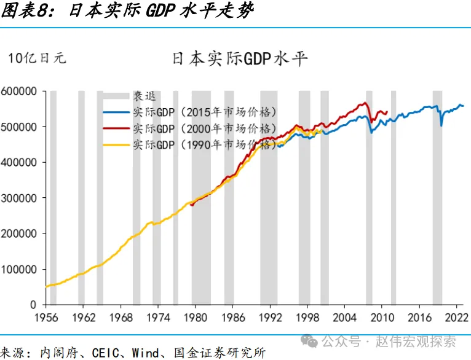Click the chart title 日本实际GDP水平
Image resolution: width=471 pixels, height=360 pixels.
[240, 58]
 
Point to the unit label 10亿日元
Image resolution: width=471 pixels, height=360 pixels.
[36, 58]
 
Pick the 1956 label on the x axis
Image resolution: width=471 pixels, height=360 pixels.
[46, 318]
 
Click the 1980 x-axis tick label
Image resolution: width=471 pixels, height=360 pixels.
[196, 318]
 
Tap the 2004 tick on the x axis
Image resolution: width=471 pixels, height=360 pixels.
[344, 318]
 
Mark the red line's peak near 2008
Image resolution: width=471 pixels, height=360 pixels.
[366, 103]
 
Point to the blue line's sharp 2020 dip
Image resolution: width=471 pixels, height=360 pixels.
[441, 125]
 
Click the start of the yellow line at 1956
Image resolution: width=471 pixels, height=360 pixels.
[47, 286]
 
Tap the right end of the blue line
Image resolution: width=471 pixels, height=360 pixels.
[463, 106]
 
